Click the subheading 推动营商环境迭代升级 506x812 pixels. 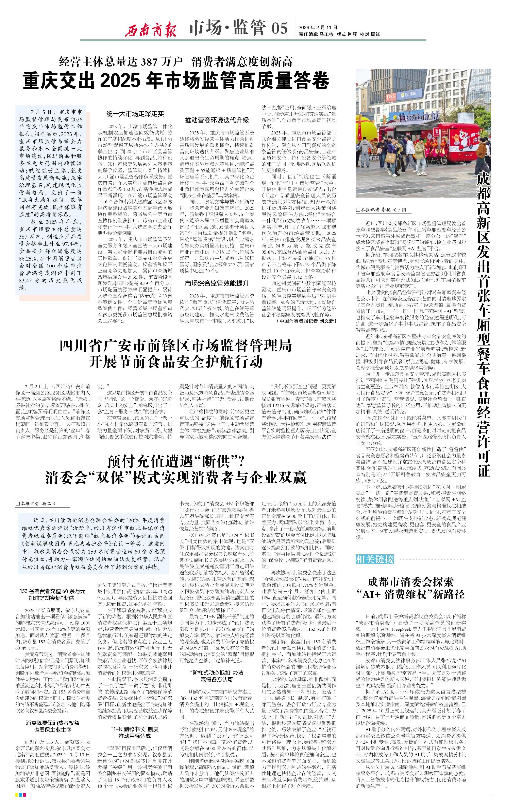click(217, 120)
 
